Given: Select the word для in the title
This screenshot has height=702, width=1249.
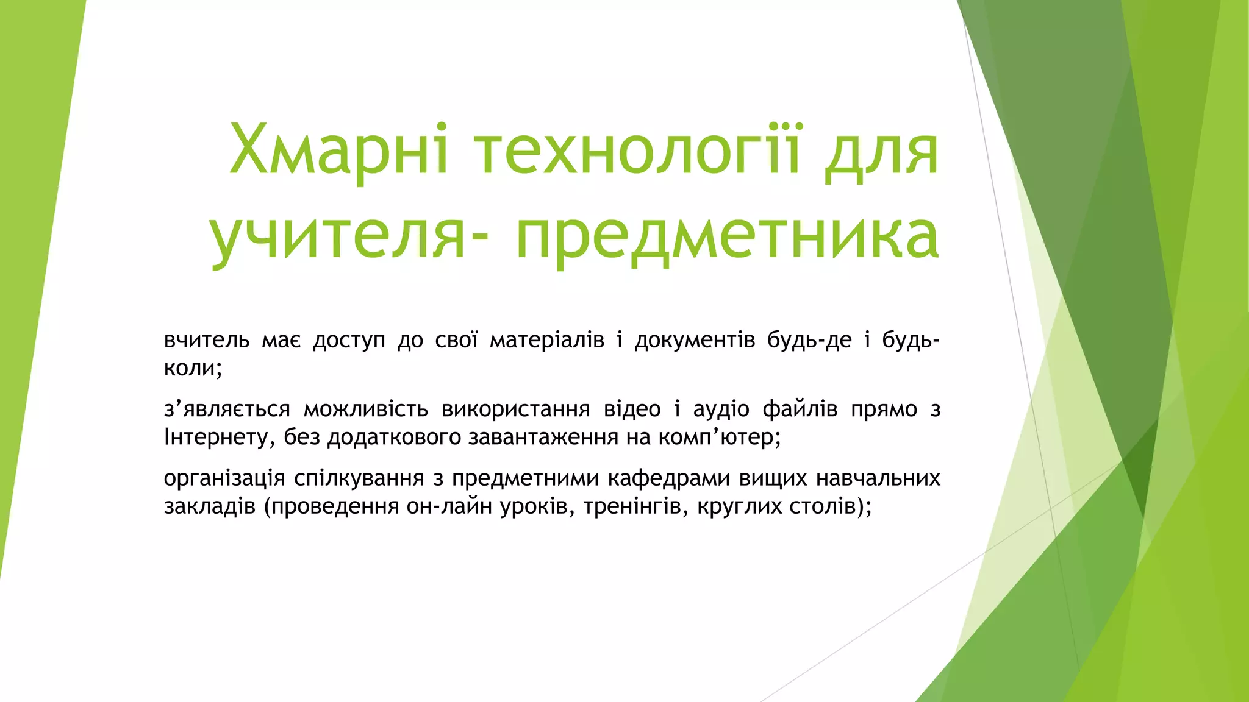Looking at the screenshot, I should click(882, 152).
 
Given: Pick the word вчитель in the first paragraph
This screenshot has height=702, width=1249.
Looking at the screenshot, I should click(207, 340).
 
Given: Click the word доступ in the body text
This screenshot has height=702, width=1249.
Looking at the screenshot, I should click(349, 340).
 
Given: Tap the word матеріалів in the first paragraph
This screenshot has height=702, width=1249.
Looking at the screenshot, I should click(546, 340).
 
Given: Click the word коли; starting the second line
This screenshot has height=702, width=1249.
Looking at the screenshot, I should click(193, 368).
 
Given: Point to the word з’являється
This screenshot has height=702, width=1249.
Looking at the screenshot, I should click(227, 409).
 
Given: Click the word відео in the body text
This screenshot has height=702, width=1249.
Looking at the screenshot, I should click(632, 409).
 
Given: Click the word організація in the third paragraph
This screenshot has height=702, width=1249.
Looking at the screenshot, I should click(224, 479).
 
